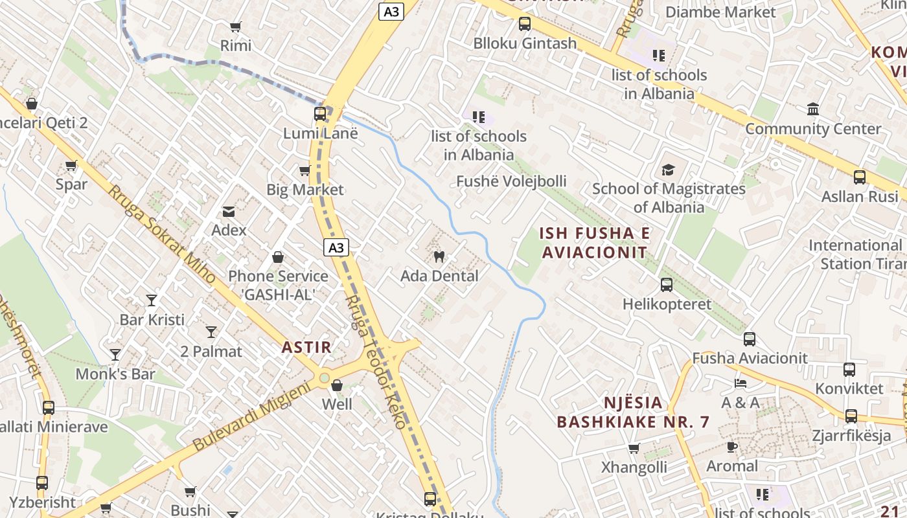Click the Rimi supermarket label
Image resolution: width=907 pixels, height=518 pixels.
(236, 45)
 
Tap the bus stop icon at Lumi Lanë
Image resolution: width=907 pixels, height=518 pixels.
(320, 114)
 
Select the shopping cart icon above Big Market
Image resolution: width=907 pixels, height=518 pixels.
(304, 171)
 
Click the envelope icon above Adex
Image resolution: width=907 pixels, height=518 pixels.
(229, 211)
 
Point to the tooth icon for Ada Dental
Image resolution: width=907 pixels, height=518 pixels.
(439, 256)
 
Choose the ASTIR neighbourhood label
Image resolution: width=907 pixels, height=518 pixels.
(306, 347)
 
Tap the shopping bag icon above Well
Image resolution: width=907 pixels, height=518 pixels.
(337, 386)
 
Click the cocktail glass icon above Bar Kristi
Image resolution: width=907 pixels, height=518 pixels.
(152, 300)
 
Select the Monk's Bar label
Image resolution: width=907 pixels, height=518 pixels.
(115, 374)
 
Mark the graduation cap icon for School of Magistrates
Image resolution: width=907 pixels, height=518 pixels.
(668, 170)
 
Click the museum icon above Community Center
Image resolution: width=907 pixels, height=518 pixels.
(813, 109)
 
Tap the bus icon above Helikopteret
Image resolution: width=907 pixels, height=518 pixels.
(667, 285)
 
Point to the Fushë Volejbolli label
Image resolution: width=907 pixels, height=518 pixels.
(511, 181)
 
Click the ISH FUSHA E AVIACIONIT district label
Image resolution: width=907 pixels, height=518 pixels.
(595, 243)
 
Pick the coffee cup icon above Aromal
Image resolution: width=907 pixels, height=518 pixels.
(732, 447)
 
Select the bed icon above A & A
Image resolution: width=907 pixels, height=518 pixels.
(741, 383)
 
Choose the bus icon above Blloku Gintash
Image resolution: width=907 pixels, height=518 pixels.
(525, 24)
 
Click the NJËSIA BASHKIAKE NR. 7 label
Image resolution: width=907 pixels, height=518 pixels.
(633, 412)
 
